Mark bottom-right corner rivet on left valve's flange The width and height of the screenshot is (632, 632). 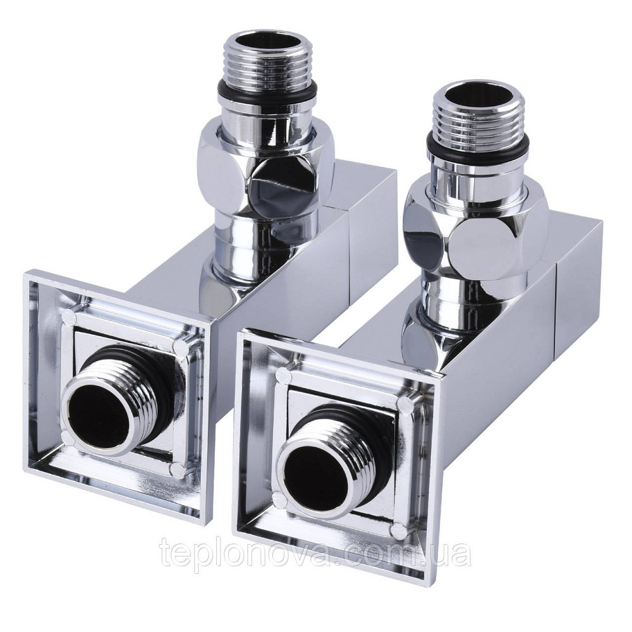[179, 470]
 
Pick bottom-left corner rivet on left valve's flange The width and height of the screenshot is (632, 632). [68, 436]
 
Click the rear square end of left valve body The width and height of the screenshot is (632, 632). [373, 218]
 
